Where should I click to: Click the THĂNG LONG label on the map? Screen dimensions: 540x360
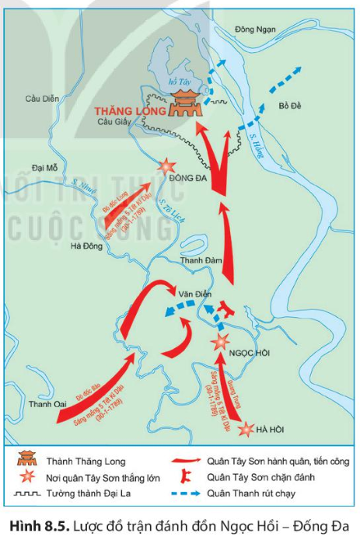coord(129,110)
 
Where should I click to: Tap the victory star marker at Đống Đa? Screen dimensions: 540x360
coord(166,166)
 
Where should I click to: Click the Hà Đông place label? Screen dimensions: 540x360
coord(87,246)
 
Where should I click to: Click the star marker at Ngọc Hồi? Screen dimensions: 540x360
coord(221,340)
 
